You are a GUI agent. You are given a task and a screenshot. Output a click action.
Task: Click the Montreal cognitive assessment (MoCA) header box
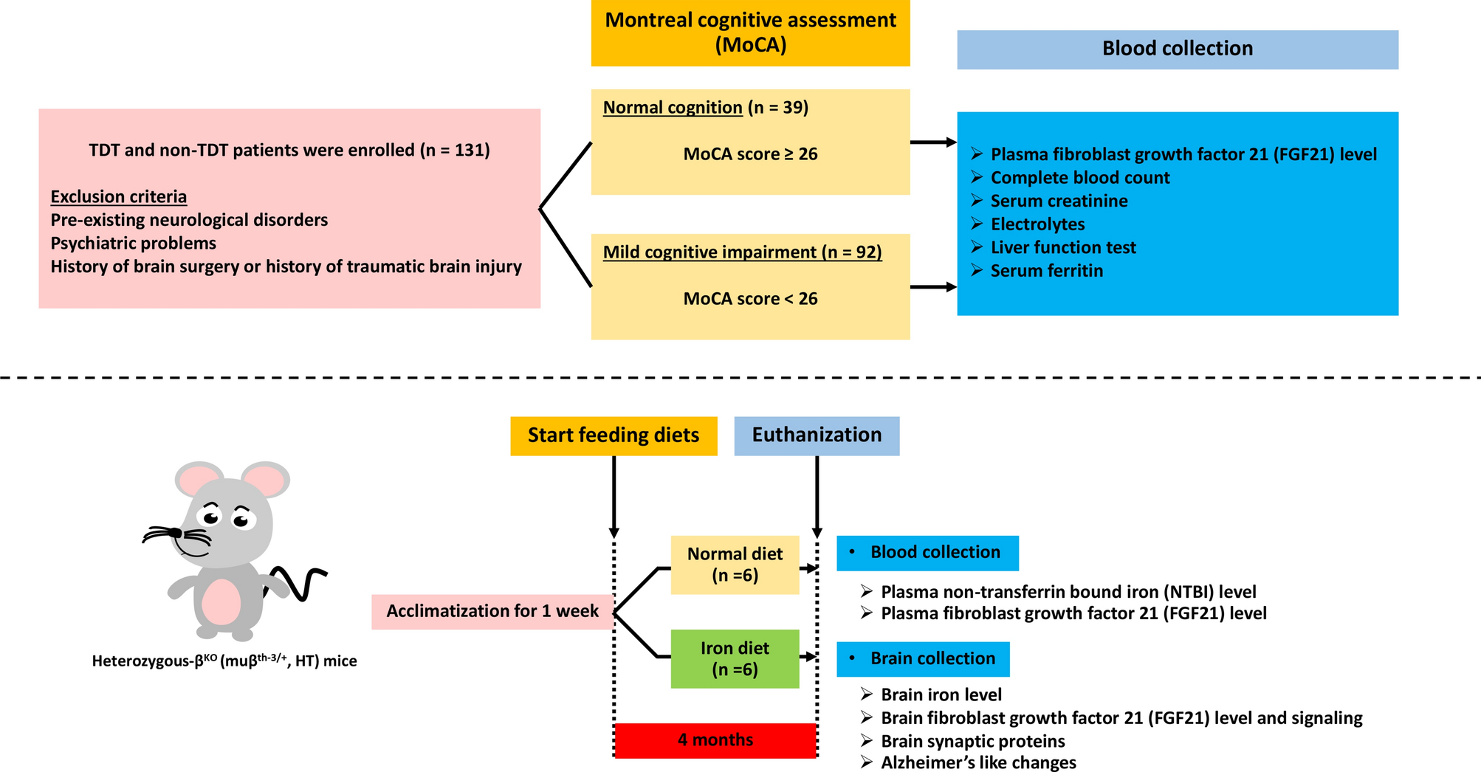(750, 33)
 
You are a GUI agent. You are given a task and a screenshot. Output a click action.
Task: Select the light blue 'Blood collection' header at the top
(1177, 49)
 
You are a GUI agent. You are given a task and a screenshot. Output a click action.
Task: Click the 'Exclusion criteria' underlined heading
(118, 196)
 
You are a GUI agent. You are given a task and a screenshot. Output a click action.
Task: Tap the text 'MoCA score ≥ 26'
(750, 154)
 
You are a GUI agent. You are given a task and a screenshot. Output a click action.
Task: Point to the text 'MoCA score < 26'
(750, 299)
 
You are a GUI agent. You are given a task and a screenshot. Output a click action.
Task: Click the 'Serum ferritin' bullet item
(1046, 271)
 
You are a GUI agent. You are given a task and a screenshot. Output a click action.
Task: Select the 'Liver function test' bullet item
(1062, 247)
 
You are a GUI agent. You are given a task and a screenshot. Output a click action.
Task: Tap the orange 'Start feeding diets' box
(613, 435)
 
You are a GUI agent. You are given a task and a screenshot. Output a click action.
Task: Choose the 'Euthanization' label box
(816, 435)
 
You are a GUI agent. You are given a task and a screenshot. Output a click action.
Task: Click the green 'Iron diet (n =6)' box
(735, 658)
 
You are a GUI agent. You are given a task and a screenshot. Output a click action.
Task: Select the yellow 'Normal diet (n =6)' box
(735, 565)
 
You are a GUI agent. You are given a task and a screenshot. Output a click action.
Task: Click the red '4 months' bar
(715, 740)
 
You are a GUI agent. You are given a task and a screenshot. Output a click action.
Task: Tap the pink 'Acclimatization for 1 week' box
(492, 611)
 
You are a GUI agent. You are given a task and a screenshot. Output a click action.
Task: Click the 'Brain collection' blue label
(923, 658)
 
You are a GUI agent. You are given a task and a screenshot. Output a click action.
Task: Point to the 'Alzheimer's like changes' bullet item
(977, 762)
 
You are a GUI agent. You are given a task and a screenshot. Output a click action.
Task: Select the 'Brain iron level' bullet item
(941, 695)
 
